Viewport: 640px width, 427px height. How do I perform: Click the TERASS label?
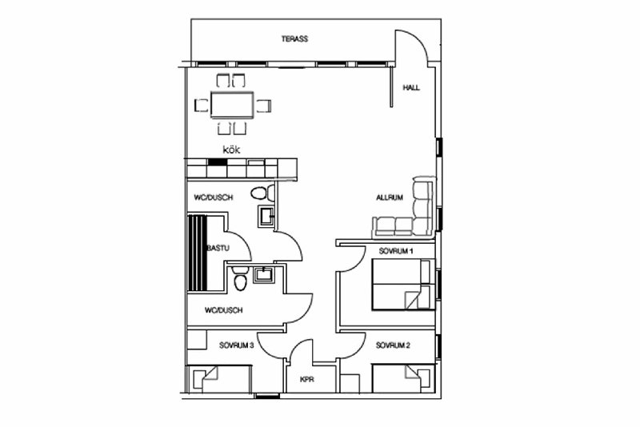click(x=294, y=39)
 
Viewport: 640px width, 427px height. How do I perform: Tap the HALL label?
click(x=411, y=88)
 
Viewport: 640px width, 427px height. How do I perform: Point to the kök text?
click(x=231, y=150)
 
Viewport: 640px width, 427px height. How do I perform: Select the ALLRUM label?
click(x=390, y=198)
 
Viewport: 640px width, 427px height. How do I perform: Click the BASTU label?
click(x=218, y=248)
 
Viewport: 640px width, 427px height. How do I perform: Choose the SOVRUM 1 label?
click(x=395, y=251)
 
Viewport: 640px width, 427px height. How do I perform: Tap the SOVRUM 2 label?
click(x=393, y=345)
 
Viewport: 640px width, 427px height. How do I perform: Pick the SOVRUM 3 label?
click(x=236, y=345)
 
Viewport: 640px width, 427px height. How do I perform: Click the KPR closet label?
click(x=307, y=380)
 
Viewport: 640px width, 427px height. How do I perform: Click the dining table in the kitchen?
click(x=232, y=105)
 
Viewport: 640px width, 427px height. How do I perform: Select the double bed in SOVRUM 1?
click(x=403, y=284)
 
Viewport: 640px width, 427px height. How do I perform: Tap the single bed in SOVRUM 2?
click(x=403, y=379)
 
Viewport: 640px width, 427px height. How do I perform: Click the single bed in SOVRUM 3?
click(x=218, y=379)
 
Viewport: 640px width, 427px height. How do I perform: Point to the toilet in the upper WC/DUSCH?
click(x=263, y=193)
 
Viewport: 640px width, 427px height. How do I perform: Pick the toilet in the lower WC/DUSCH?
click(x=240, y=278)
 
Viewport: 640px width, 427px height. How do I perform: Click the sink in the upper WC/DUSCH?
click(x=266, y=216)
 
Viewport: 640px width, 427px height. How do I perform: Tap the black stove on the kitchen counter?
click(x=218, y=162)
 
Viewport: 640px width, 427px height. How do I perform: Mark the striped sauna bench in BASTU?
click(x=198, y=253)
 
